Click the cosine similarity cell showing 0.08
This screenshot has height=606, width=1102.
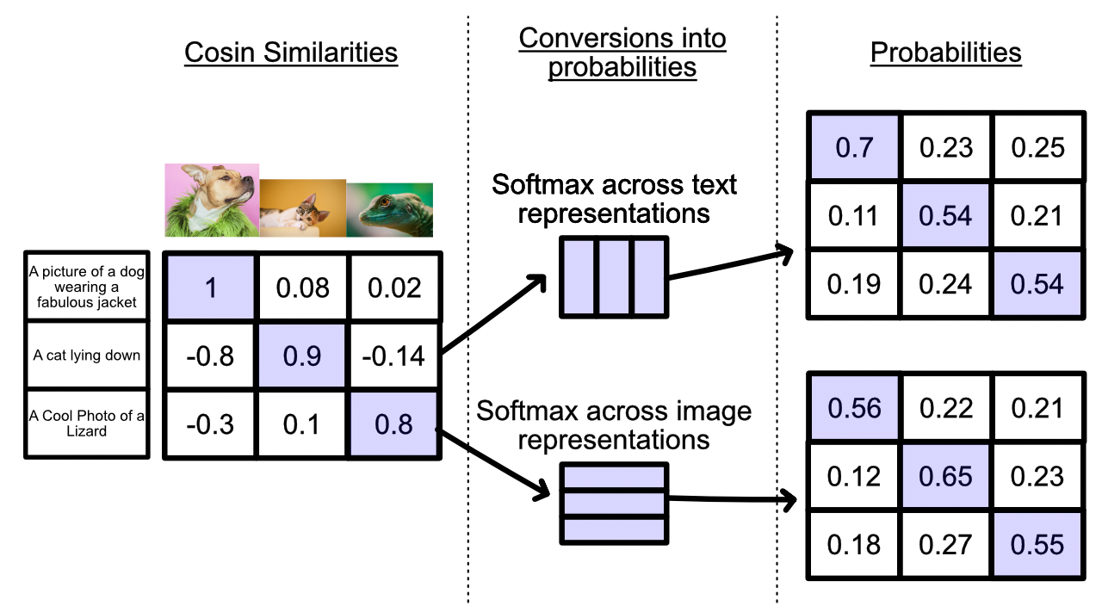[302, 288]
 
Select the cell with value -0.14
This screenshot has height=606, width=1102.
[393, 356]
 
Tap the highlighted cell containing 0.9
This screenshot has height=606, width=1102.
[302, 356]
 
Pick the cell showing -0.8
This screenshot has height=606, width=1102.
[211, 356]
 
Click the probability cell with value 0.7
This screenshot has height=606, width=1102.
[854, 147]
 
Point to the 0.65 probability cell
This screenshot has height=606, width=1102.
[945, 476]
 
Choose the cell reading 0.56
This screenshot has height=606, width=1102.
[854, 408]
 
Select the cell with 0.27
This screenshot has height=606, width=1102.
[945, 545]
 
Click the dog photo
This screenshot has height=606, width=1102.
[212, 201]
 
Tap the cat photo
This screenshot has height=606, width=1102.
[303, 208]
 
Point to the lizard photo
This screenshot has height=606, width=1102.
[390, 210]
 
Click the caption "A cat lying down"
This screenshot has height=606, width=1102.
[87, 356]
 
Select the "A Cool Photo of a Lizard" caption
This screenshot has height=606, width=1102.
[87, 424]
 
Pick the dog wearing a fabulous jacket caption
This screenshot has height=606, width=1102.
[87, 287]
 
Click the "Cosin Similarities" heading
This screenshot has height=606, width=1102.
[291, 53]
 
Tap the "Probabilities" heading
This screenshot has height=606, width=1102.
[945, 53]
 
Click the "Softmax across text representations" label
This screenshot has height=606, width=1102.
[614, 199]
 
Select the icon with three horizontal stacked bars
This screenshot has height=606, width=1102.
[614, 504]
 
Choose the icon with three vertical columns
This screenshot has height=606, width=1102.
[614, 277]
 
